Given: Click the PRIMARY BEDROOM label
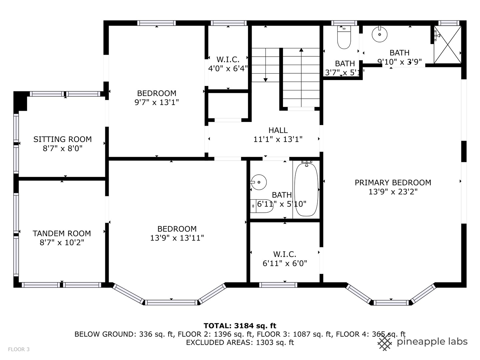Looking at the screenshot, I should click(x=393, y=183).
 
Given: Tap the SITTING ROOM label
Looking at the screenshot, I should click(x=62, y=139).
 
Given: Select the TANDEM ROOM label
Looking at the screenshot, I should click(x=62, y=233).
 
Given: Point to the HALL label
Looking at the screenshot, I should click(x=278, y=130).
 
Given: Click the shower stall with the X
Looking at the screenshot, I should click(x=448, y=44).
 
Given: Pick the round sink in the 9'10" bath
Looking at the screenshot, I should click(x=379, y=34).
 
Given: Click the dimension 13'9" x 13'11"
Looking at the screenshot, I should click(x=177, y=238).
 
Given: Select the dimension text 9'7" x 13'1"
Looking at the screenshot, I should click(x=157, y=102).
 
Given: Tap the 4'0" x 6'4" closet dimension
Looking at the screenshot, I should click(x=228, y=69).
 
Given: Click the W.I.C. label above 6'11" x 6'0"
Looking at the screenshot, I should click(x=285, y=254).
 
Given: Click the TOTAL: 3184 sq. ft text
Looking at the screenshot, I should click(x=240, y=326).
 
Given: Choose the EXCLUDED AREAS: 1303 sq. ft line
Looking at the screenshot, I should click(x=240, y=342).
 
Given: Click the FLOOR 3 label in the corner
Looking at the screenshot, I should click(x=19, y=349).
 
